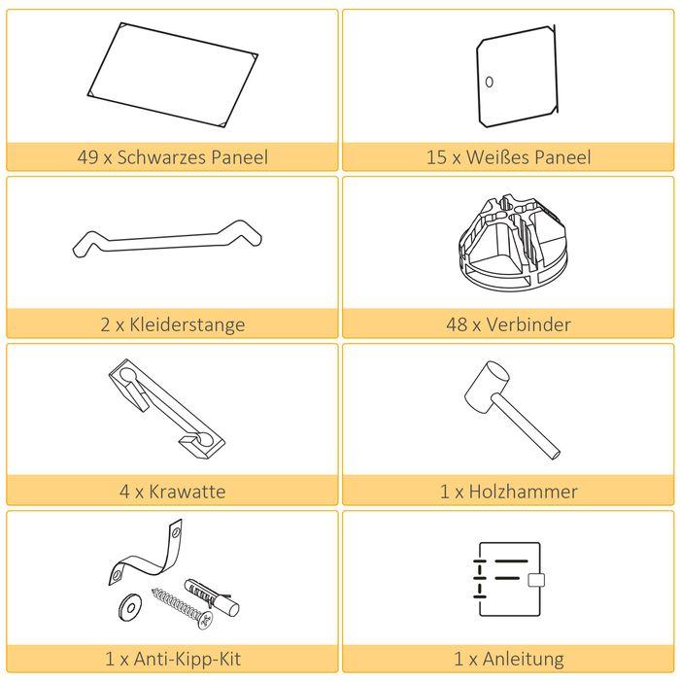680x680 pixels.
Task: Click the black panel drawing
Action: click(173, 75)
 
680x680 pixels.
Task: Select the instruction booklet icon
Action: click(506, 580)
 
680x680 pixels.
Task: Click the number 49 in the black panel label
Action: click(87, 157)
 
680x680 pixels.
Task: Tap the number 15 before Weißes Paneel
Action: click(435, 157)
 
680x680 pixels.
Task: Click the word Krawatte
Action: click(187, 492)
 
